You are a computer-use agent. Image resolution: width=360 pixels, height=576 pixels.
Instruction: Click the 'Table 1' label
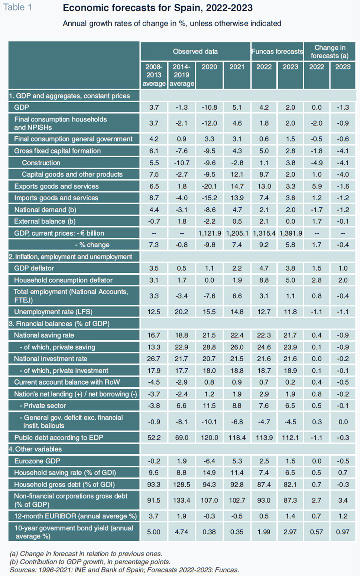[17, 7]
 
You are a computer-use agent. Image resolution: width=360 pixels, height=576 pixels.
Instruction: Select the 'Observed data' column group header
[195, 51]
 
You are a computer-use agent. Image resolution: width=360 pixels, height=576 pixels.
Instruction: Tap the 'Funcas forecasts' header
[277, 51]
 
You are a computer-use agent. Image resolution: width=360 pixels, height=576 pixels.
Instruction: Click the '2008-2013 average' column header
[154, 75]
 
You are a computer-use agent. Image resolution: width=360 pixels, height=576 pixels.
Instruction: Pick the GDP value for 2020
[209, 107]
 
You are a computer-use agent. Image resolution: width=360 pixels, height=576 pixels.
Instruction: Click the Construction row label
[41, 163]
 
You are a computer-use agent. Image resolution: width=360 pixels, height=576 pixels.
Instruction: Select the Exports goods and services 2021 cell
[237, 186]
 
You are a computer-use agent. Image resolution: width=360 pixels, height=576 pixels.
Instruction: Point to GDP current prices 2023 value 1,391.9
[291, 233]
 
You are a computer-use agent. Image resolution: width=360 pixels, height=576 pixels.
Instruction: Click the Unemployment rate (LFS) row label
[53, 312]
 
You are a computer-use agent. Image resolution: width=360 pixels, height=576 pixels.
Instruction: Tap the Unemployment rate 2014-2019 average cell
[182, 312]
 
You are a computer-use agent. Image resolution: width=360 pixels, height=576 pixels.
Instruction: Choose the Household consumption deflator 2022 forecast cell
[264, 280]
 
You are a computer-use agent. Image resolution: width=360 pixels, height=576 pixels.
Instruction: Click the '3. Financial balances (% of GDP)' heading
[59, 323]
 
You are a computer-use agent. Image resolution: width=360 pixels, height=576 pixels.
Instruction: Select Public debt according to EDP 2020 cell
[209, 437]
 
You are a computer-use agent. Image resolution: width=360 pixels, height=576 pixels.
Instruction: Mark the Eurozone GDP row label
[37, 461]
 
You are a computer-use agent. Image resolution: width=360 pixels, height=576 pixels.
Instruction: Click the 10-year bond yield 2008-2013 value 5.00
[154, 532]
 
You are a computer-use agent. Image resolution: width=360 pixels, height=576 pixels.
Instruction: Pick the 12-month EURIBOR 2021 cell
[237, 516]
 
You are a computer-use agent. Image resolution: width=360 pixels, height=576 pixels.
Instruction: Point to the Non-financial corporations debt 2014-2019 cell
[182, 500]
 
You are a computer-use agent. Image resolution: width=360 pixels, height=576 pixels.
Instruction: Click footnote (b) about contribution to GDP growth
[90, 562]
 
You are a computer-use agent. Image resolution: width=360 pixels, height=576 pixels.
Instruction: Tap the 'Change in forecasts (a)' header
[330, 51]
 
